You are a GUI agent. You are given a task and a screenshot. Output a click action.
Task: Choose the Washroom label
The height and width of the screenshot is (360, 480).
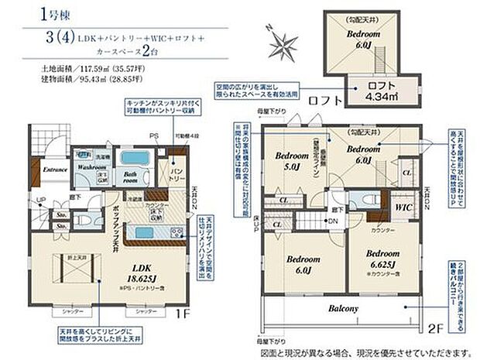tap(91, 166)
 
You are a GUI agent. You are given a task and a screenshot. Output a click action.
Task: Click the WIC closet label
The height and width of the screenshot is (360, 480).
tap(402, 207)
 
